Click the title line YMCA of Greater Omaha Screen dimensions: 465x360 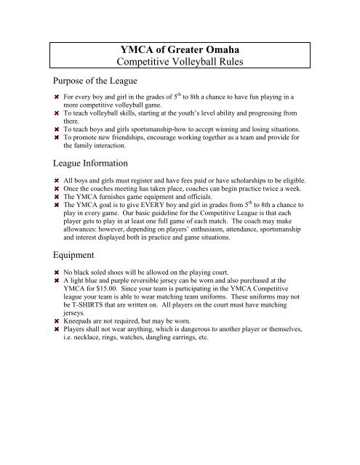click(180, 49)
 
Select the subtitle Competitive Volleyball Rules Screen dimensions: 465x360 click(180, 62)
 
